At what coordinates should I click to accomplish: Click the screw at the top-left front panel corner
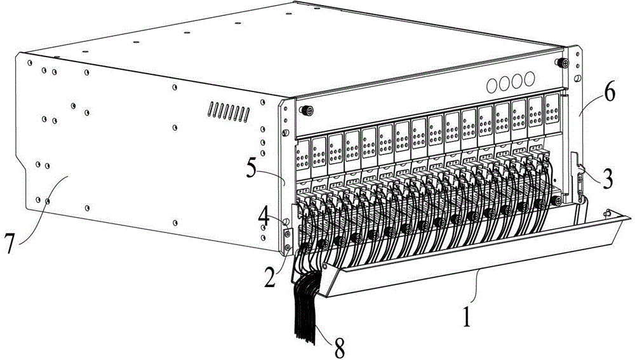(x=305, y=109)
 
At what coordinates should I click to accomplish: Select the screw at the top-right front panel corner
(x=561, y=64)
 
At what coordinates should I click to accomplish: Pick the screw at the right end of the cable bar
(x=556, y=201)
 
